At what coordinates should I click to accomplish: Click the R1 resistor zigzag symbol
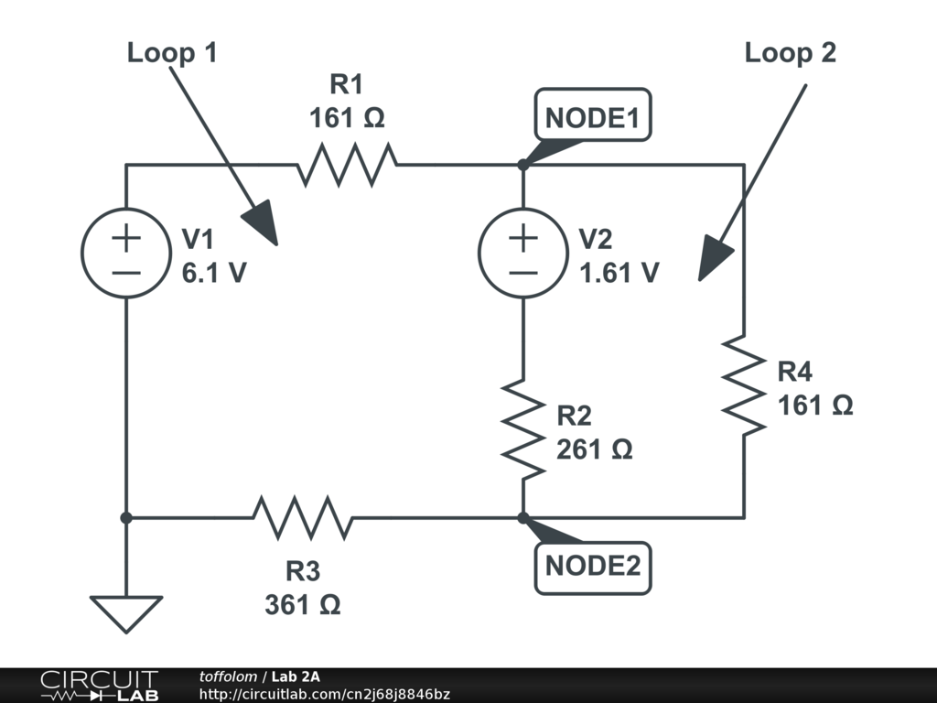pos(347,165)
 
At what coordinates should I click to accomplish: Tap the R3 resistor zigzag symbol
pos(303,518)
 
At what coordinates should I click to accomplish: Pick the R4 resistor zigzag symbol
pos(743,385)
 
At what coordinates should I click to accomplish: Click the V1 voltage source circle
pos(126,254)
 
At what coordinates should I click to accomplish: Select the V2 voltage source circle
pos(522,254)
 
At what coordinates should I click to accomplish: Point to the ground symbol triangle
pos(126,612)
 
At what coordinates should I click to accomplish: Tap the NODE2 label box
pos(593,567)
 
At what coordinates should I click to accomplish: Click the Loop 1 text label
pos(172,53)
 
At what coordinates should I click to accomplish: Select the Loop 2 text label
pos(790,53)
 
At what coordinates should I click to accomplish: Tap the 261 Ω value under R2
pos(595,449)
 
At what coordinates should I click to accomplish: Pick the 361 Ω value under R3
pos(303,604)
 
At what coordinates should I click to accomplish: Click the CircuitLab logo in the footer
pos(98,686)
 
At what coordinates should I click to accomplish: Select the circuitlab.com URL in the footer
pos(325,694)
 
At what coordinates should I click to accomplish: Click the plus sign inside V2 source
pos(522,239)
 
